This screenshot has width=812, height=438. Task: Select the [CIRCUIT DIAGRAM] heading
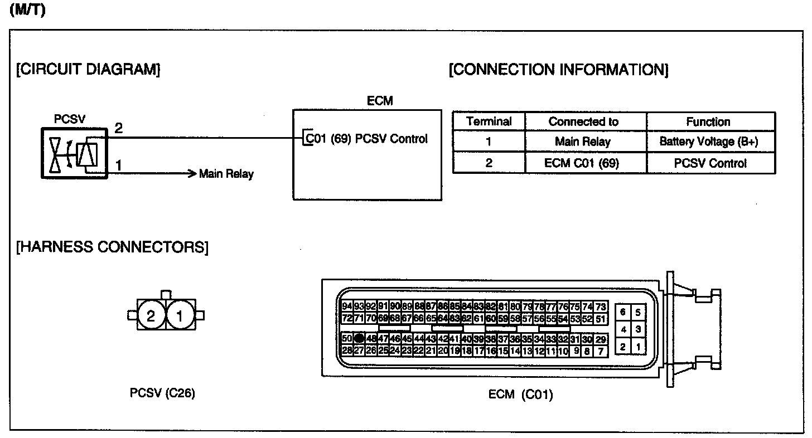(x=88, y=70)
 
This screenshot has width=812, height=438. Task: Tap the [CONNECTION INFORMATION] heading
(x=558, y=70)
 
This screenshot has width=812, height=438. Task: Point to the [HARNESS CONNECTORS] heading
(x=112, y=247)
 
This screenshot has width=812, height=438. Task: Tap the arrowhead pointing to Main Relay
(x=193, y=173)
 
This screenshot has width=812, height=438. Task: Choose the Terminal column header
(x=489, y=121)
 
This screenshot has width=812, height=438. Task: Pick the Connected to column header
(x=584, y=121)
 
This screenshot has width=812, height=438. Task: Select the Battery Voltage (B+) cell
(x=709, y=142)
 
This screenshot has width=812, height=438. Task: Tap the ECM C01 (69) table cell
(x=584, y=163)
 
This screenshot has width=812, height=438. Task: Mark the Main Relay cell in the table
(x=582, y=142)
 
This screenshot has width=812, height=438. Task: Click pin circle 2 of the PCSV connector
(x=151, y=316)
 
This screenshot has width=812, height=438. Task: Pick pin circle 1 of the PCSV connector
(x=180, y=316)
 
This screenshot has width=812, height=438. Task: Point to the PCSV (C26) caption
(x=162, y=393)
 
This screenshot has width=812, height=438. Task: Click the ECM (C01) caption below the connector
(x=520, y=395)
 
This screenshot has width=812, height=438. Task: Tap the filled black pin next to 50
(x=359, y=338)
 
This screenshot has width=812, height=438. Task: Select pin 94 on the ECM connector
(x=347, y=306)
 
